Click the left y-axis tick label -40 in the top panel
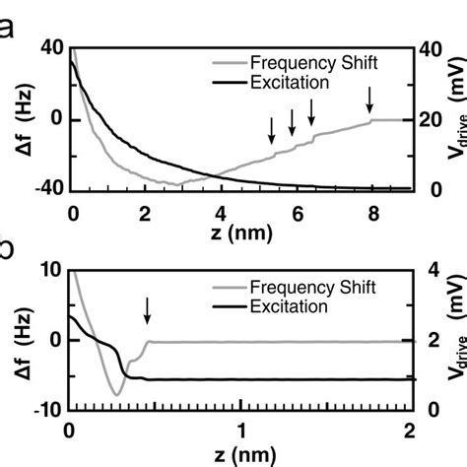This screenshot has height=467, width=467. [x=47, y=190]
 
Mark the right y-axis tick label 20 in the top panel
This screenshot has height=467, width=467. [x=432, y=120]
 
